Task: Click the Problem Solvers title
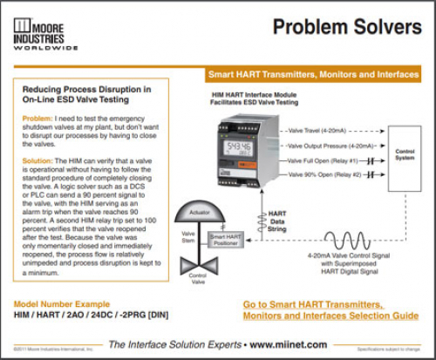coord(348,28)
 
